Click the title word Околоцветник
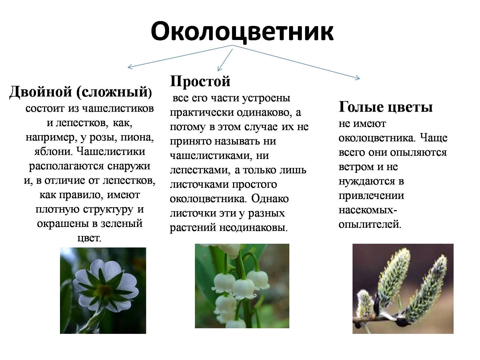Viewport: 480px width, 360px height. (242, 31)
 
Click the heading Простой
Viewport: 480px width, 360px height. (200, 81)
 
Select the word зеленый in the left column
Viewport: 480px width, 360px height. (121, 223)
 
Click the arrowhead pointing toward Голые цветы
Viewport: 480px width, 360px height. (357, 78)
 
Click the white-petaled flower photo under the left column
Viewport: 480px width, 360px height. (103, 290)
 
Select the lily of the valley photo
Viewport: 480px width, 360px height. (242, 286)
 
